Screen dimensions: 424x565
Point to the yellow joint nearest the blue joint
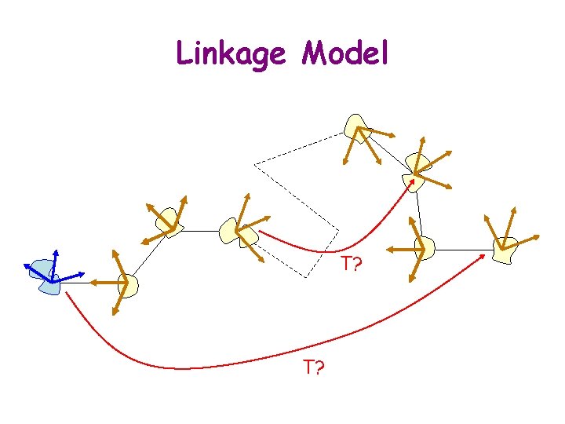pos(127,285)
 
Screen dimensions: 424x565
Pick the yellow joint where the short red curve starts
pos(239,229)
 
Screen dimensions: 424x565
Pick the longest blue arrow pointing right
pos(71,276)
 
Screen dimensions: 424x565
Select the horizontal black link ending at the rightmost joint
pos(463,250)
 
